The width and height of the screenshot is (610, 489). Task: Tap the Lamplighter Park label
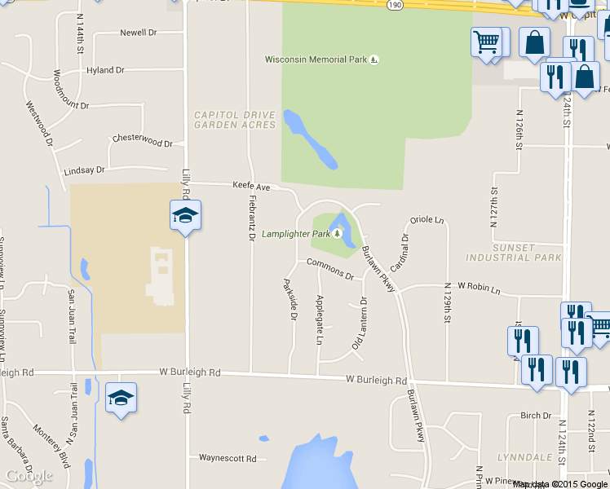click(296, 234)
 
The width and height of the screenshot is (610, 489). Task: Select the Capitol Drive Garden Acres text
click(235, 120)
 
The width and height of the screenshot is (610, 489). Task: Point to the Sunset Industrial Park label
click(514, 252)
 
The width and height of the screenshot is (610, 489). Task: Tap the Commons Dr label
click(330, 269)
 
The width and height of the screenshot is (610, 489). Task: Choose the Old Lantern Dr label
click(360, 324)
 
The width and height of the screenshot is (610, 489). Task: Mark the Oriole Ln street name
click(427, 220)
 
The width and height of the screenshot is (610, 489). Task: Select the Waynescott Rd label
click(228, 458)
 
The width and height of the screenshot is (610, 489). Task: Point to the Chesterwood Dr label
click(143, 140)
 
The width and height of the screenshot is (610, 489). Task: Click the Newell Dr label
click(138, 33)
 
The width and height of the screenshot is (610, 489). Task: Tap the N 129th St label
click(448, 303)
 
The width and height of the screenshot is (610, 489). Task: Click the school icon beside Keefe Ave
click(185, 215)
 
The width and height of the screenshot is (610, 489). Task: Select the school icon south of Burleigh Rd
click(121, 398)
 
